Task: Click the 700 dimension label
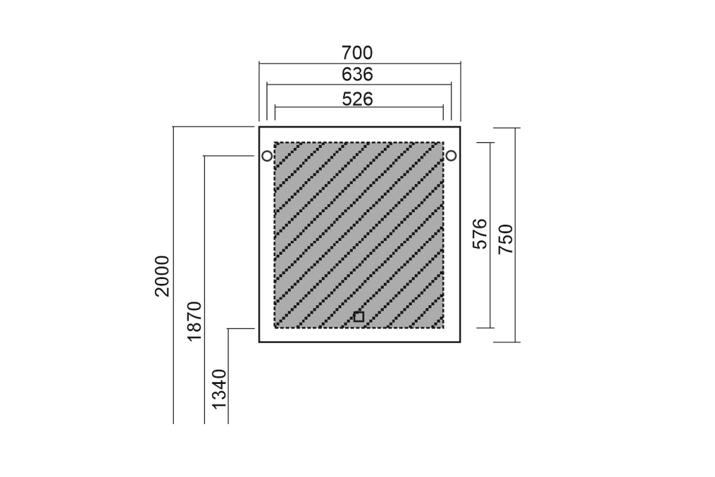coord(357,52)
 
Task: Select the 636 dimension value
coord(357,75)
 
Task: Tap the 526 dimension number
coord(357,99)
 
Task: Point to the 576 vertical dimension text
coord(480,234)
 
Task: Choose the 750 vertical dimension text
coord(506,239)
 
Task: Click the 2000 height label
coord(162,276)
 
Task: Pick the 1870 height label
coord(194,321)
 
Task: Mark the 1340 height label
coord(219,389)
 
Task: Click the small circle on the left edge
coord(267,156)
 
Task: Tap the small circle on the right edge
coord(451,156)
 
